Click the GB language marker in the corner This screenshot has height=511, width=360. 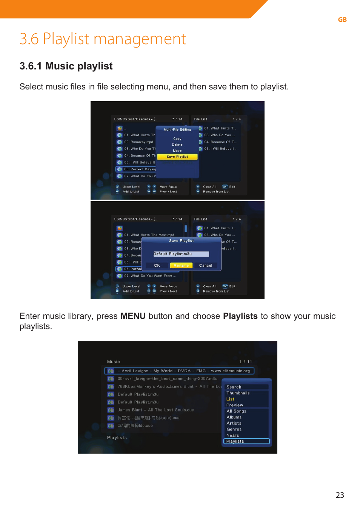(x=342, y=20)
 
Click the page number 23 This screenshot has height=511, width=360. (x=340, y=495)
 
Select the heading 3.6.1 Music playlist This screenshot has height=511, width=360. (x=66, y=66)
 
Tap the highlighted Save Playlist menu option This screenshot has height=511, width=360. (x=177, y=157)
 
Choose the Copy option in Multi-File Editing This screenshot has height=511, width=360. (x=177, y=139)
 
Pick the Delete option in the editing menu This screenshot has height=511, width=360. (x=177, y=145)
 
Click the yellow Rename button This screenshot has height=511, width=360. (x=181, y=265)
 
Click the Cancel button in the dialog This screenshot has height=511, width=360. (x=205, y=265)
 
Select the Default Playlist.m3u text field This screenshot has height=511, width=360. (x=181, y=254)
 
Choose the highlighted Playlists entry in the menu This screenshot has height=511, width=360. (x=246, y=441)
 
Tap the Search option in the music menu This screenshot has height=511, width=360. (x=234, y=387)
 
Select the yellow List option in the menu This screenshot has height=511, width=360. (x=230, y=399)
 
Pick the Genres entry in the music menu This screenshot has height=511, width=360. (x=234, y=429)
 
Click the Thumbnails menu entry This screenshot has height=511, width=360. (x=238, y=393)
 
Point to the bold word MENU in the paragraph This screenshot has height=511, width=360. (x=133, y=316)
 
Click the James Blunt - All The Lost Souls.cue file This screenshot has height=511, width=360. (x=155, y=410)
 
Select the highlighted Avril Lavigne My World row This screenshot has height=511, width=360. (x=179, y=371)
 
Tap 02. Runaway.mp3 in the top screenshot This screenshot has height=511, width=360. (x=138, y=142)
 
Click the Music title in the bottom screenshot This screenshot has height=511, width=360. (x=113, y=362)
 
